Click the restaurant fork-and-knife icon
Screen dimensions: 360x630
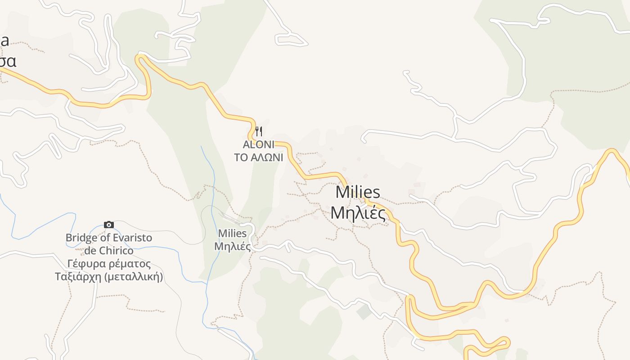[259, 131]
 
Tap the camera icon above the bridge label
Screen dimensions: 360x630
[109, 225]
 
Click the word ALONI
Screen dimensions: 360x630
[258, 145]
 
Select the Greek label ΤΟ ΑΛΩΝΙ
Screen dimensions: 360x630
[258, 157]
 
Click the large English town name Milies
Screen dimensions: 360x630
[358, 193]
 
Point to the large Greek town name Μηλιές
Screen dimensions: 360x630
[358, 213]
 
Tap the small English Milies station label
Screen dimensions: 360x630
[232, 234]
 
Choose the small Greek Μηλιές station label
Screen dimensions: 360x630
[232, 247]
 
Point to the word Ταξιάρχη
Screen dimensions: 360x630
[77, 276]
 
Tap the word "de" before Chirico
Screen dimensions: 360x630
[91, 251]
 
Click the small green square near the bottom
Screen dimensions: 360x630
[364, 311]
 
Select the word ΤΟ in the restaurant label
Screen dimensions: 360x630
[242, 157]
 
